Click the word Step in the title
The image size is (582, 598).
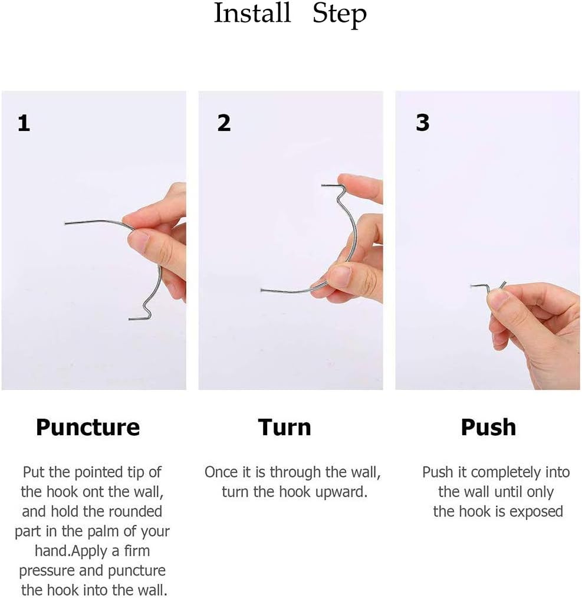point(339,14)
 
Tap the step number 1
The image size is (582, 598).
point(24,124)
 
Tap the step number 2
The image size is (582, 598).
point(223,123)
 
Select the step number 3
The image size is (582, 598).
point(422,123)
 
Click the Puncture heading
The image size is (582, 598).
point(88,427)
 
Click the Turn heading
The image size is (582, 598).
point(284,427)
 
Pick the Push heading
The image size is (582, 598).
point(488,427)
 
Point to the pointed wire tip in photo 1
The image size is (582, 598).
point(66,223)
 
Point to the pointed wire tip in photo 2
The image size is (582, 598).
point(262,290)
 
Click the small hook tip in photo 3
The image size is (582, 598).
point(474,286)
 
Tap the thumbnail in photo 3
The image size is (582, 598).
point(496,301)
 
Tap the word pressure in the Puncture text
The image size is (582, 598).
point(52,571)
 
